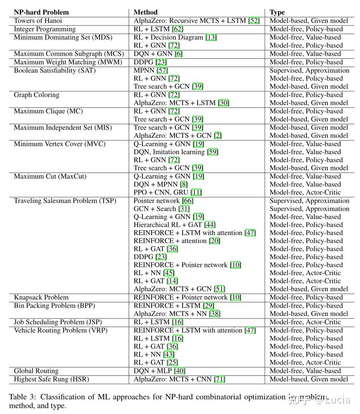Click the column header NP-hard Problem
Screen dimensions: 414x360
point(41,12)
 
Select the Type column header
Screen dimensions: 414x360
point(277,12)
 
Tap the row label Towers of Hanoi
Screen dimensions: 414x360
point(38,21)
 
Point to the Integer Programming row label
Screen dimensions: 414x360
point(45,29)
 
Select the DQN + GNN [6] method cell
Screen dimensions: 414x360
point(158,54)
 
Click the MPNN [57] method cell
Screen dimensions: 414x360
point(151,70)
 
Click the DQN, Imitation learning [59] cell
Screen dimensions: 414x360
point(176,152)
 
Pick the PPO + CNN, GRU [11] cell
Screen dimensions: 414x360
point(168,192)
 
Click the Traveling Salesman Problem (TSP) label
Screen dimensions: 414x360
point(65,201)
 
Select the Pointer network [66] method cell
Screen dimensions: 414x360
point(164,201)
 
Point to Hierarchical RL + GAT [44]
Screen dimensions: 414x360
point(174,225)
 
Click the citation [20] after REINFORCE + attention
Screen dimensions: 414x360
point(215,241)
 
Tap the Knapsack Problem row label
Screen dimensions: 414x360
point(41,298)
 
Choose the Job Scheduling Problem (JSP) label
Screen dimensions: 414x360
point(58,322)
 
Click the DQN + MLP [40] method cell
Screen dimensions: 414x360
point(159,371)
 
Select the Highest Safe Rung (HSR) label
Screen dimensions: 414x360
point(51,379)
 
